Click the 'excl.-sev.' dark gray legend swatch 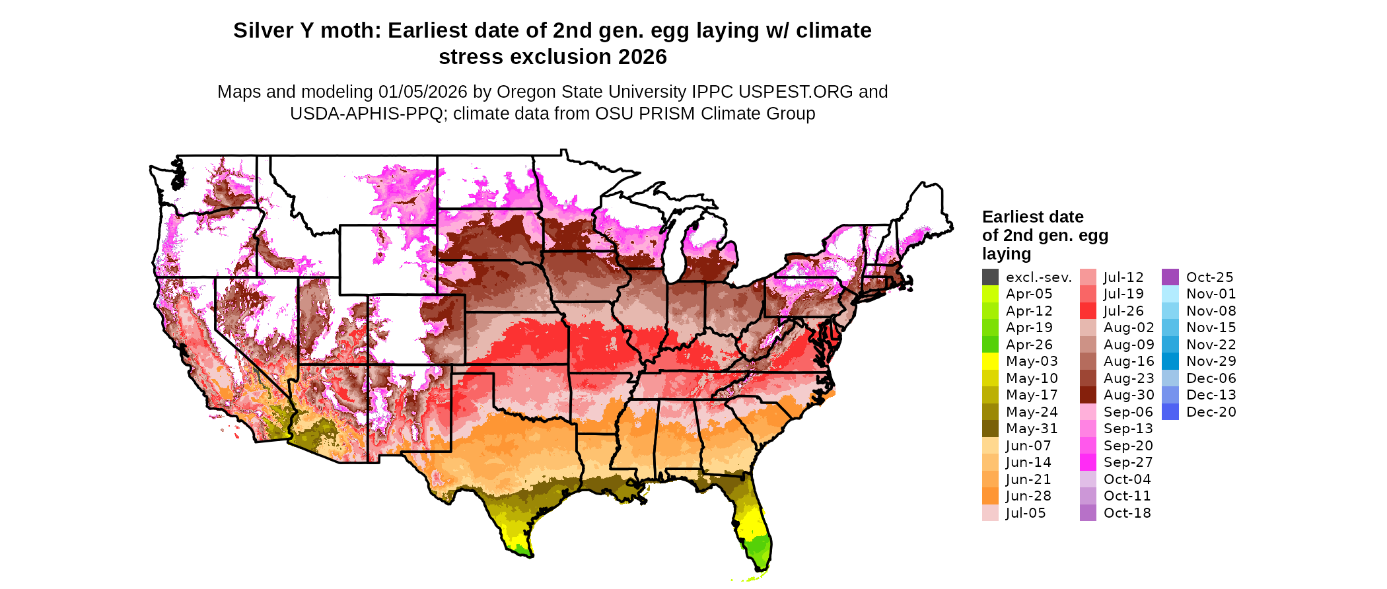[x=990, y=277]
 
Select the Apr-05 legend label [x=1029, y=294]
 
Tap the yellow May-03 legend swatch [x=990, y=361]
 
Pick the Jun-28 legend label [x=1028, y=496]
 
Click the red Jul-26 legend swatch [x=1088, y=311]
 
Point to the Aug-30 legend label [x=1129, y=395]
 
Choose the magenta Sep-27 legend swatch [x=1088, y=462]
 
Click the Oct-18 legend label [x=1127, y=513]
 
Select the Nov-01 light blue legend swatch [x=1170, y=294]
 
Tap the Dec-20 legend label [x=1211, y=412]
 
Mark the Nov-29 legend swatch [x=1170, y=361]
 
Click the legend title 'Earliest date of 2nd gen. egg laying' [x=1044, y=235]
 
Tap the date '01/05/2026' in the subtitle [x=422, y=92]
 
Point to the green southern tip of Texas [x=521, y=547]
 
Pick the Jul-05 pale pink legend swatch [x=990, y=513]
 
